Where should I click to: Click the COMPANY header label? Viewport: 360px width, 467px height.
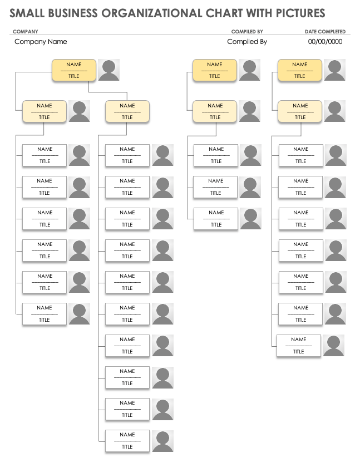click(25, 32)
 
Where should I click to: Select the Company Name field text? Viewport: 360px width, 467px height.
click(41, 42)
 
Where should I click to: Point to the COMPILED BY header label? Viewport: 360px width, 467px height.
click(247, 32)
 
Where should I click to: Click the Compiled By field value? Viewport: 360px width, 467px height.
click(247, 42)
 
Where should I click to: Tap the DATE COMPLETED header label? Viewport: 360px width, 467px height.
click(325, 32)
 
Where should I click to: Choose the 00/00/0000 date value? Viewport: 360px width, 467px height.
click(325, 42)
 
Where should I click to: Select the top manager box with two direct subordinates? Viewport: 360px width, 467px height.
click(74, 71)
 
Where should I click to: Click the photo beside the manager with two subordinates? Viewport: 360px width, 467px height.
click(109, 70)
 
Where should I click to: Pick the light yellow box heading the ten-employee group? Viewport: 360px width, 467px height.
click(127, 111)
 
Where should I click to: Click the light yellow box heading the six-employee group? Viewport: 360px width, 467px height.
click(45, 111)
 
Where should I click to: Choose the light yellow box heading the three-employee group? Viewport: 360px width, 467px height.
click(215, 111)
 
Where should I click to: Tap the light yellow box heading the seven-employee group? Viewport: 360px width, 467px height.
click(300, 111)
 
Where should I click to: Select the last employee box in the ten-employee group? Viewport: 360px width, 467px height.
click(127, 440)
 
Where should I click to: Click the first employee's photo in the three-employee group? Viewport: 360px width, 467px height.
click(250, 155)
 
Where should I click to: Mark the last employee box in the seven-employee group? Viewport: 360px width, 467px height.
click(299, 345)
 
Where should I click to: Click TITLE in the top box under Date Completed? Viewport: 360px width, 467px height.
click(300, 76)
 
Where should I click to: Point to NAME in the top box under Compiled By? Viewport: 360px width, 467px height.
click(215, 65)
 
